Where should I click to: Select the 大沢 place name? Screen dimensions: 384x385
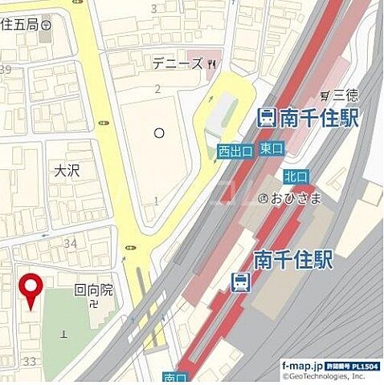[67, 172]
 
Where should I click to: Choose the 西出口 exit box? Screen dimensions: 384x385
[235, 151]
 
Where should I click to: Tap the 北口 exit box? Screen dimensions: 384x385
[295, 176]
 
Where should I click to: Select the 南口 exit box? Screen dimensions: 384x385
[174, 377]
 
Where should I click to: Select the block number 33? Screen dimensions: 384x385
[30, 362]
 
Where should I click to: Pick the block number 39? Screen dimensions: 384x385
[5, 71]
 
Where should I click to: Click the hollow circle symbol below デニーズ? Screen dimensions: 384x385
[159, 132]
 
